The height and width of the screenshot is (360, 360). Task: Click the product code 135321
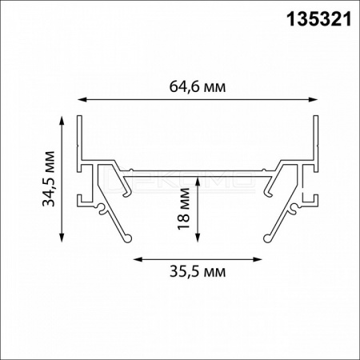point(319,19)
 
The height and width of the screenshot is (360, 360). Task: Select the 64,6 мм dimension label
point(198,86)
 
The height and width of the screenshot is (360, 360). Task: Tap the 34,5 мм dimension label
point(49,179)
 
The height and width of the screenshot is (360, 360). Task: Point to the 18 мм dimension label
point(184,209)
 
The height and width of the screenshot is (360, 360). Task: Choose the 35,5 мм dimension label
point(198,272)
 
